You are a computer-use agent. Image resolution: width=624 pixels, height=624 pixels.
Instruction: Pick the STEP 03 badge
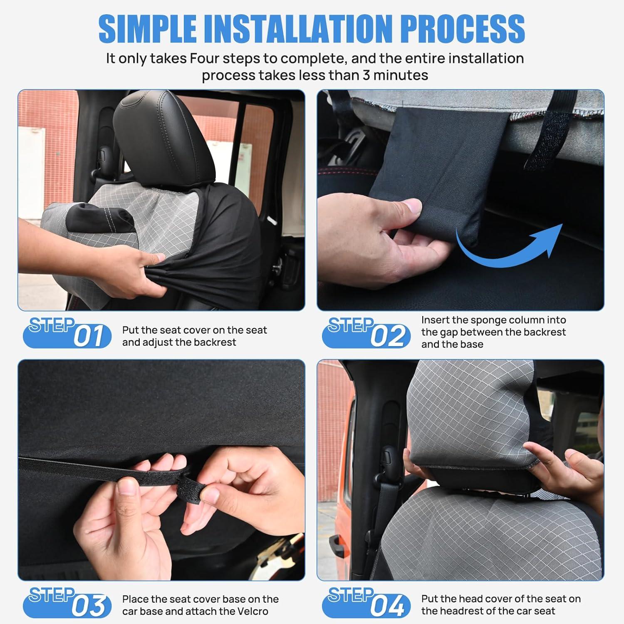tap(67, 602)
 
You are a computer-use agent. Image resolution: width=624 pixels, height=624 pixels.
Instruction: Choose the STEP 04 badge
tap(366, 602)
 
